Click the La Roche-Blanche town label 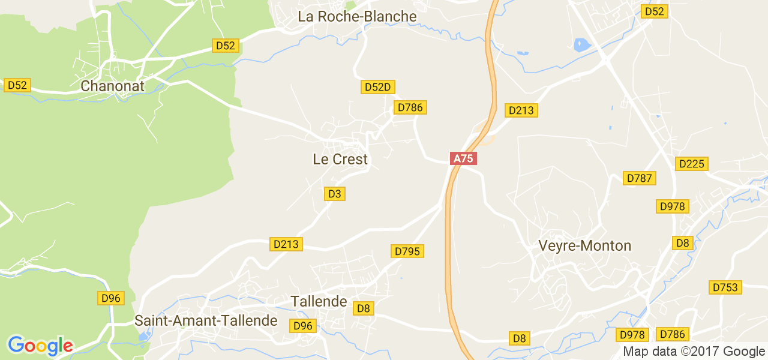tap(357, 17)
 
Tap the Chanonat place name tap(113, 86)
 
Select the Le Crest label tap(340, 160)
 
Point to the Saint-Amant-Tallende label tap(206, 320)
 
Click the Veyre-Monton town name tap(585, 246)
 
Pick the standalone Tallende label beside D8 tap(319, 301)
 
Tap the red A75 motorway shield tap(463, 159)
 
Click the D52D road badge tap(378, 88)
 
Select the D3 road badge tap(335, 194)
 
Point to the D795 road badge tap(408, 251)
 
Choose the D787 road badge tap(640, 178)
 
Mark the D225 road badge tap(692, 164)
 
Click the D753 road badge tap(725, 287)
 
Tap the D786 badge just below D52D tap(410, 107)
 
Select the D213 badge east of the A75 tap(521, 110)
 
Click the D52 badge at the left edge tap(17, 85)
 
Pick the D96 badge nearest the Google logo tap(111, 298)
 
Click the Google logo tap(40, 346)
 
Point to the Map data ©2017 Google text tap(694, 352)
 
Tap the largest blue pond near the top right tap(581, 45)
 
